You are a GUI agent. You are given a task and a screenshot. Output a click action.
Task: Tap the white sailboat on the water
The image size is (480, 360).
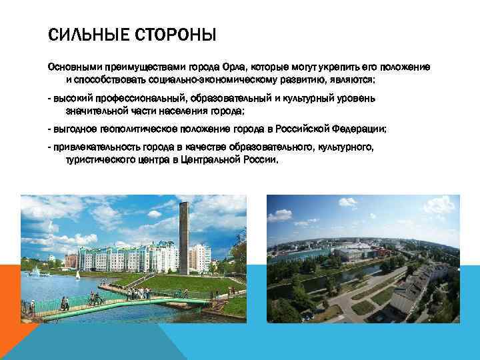click(77, 274)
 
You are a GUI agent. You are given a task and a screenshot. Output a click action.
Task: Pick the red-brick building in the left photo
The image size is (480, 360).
click(70, 259)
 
